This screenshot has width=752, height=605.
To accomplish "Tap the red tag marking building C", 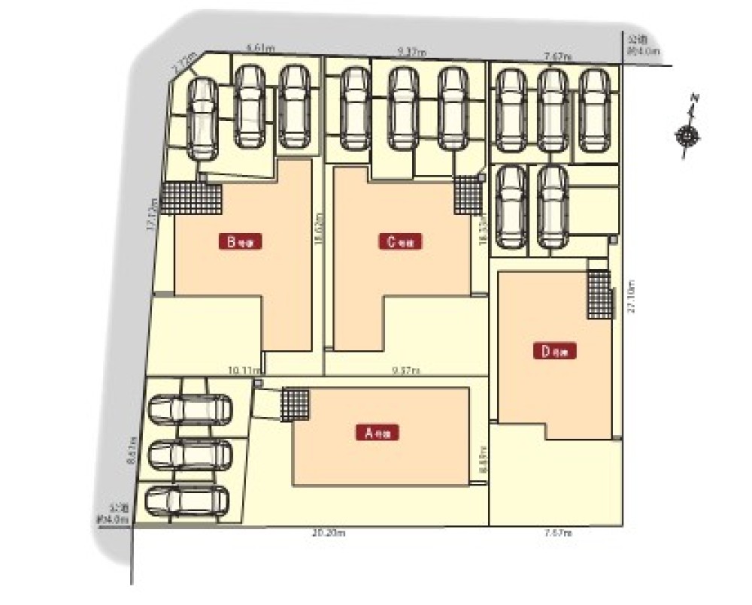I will point(400,242).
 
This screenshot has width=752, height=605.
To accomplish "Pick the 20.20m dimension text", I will point(327,533).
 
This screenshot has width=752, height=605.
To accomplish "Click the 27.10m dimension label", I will point(630,299).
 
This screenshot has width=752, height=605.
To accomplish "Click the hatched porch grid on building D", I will point(599,294).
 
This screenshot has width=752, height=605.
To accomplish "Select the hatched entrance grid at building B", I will point(191,199).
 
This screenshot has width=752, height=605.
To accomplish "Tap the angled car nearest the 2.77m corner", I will point(201,119).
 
